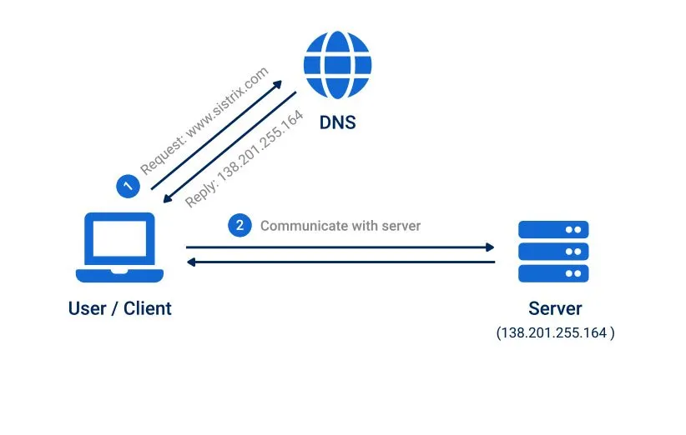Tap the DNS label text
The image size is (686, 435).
337,122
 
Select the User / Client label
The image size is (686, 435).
119,308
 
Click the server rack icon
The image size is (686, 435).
553,251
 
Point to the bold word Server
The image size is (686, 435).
554,308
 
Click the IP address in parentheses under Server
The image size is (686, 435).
555,332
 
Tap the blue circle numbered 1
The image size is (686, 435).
127,186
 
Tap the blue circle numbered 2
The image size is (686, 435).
240,225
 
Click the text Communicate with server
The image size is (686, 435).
340,226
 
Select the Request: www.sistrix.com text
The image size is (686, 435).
204,121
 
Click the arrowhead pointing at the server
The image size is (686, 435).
490,247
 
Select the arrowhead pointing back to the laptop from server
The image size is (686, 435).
191,262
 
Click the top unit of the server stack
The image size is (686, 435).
553,229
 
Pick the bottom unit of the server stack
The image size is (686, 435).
553,272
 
